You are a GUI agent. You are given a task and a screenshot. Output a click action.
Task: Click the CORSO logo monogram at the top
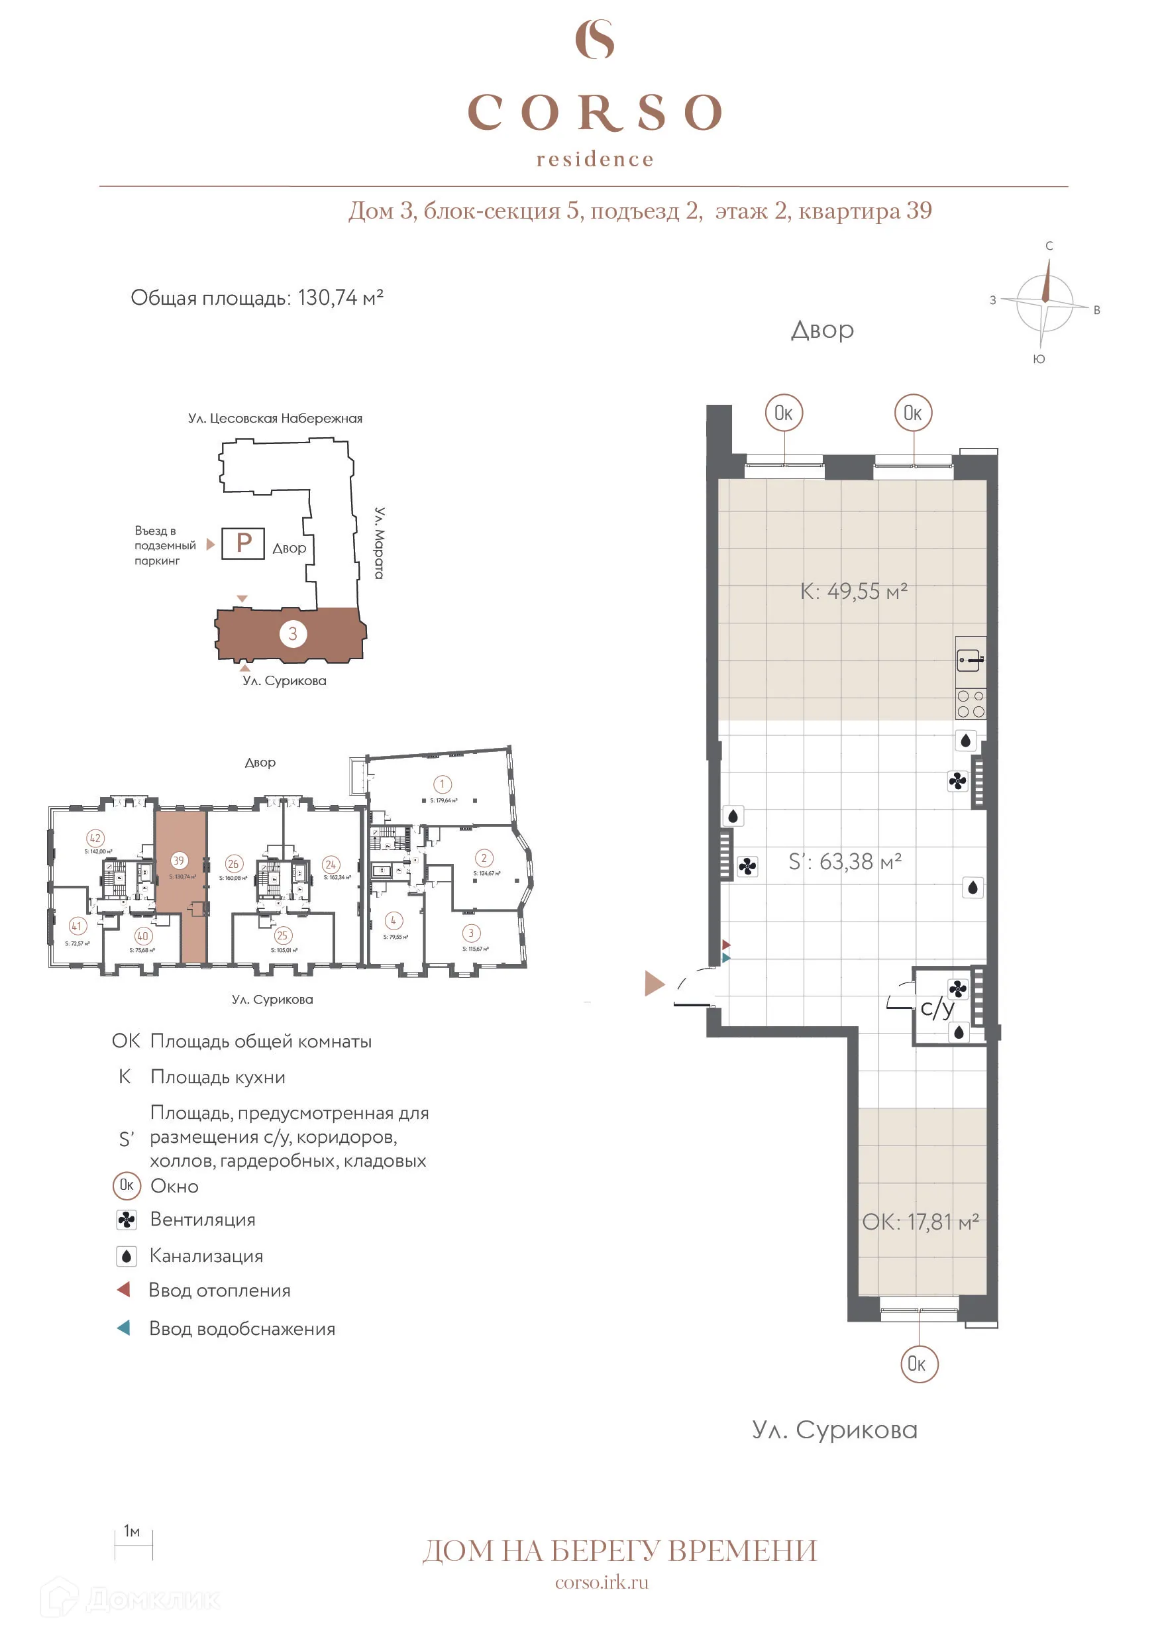click(x=595, y=39)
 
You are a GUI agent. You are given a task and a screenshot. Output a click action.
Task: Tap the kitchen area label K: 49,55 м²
click(x=853, y=591)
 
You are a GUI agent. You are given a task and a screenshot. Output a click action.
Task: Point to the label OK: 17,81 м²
click(x=920, y=1222)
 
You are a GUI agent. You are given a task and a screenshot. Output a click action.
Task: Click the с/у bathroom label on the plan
click(x=937, y=1008)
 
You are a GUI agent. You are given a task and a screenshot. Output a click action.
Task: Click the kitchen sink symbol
click(x=971, y=660)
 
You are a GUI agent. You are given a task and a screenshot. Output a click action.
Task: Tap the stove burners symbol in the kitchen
click(x=971, y=704)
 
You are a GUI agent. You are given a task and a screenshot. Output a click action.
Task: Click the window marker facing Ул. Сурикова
click(x=919, y=1363)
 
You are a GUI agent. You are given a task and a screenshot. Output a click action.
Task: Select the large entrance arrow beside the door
click(x=654, y=983)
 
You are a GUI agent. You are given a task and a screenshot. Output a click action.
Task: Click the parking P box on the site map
click(x=243, y=543)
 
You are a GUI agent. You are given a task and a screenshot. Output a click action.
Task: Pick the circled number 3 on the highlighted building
click(x=293, y=633)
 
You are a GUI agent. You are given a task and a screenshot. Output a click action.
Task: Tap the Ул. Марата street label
click(x=379, y=543)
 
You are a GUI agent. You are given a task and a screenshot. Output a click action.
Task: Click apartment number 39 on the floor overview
click(x=179, y=860)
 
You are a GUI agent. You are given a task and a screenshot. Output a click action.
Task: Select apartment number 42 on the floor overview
click(x=95, y=838)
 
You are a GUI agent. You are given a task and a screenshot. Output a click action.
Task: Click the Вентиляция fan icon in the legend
click(x=127, y=1220)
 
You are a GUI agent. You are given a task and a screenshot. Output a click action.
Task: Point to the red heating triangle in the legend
click(x=124, y=1289)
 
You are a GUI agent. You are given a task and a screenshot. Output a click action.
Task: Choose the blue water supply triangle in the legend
click(x=124, y=1328)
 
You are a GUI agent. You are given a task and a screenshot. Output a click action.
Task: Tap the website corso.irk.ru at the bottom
click(x=601, y=1582)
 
